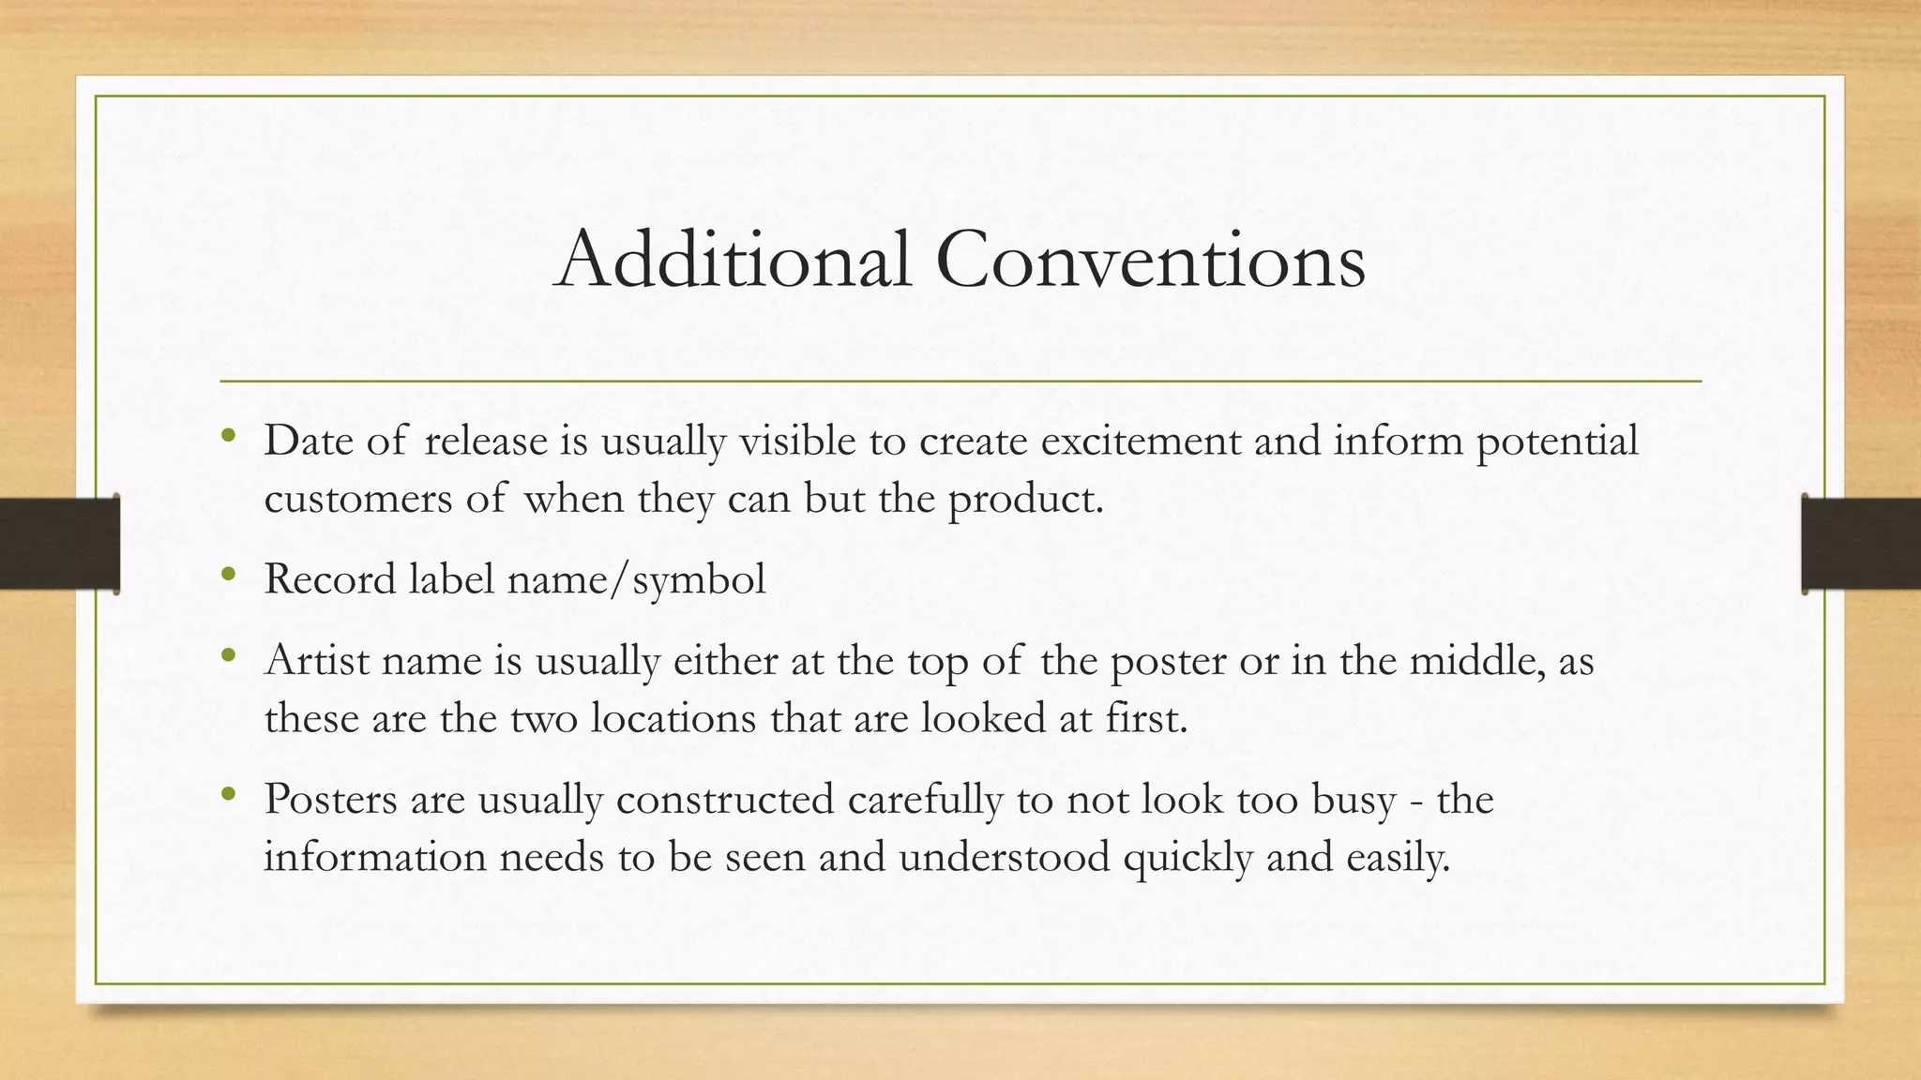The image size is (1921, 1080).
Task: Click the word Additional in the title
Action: tap(733, 259)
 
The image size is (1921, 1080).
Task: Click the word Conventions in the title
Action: tap(1150, 259)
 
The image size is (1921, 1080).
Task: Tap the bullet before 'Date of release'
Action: tap(228, 436)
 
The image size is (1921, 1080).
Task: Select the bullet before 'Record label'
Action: tap(228, 574)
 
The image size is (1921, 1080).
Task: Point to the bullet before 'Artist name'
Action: tap(228, 655)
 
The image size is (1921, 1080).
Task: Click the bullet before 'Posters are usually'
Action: tap(228, 794)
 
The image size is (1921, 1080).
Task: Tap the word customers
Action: tap(358, 499)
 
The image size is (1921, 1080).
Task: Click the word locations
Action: tap(673, 718)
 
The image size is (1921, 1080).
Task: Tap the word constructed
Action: tap(725, 800)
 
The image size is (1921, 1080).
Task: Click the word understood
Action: tap(1004, 857)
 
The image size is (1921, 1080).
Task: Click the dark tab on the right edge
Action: tap(1861, 544)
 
